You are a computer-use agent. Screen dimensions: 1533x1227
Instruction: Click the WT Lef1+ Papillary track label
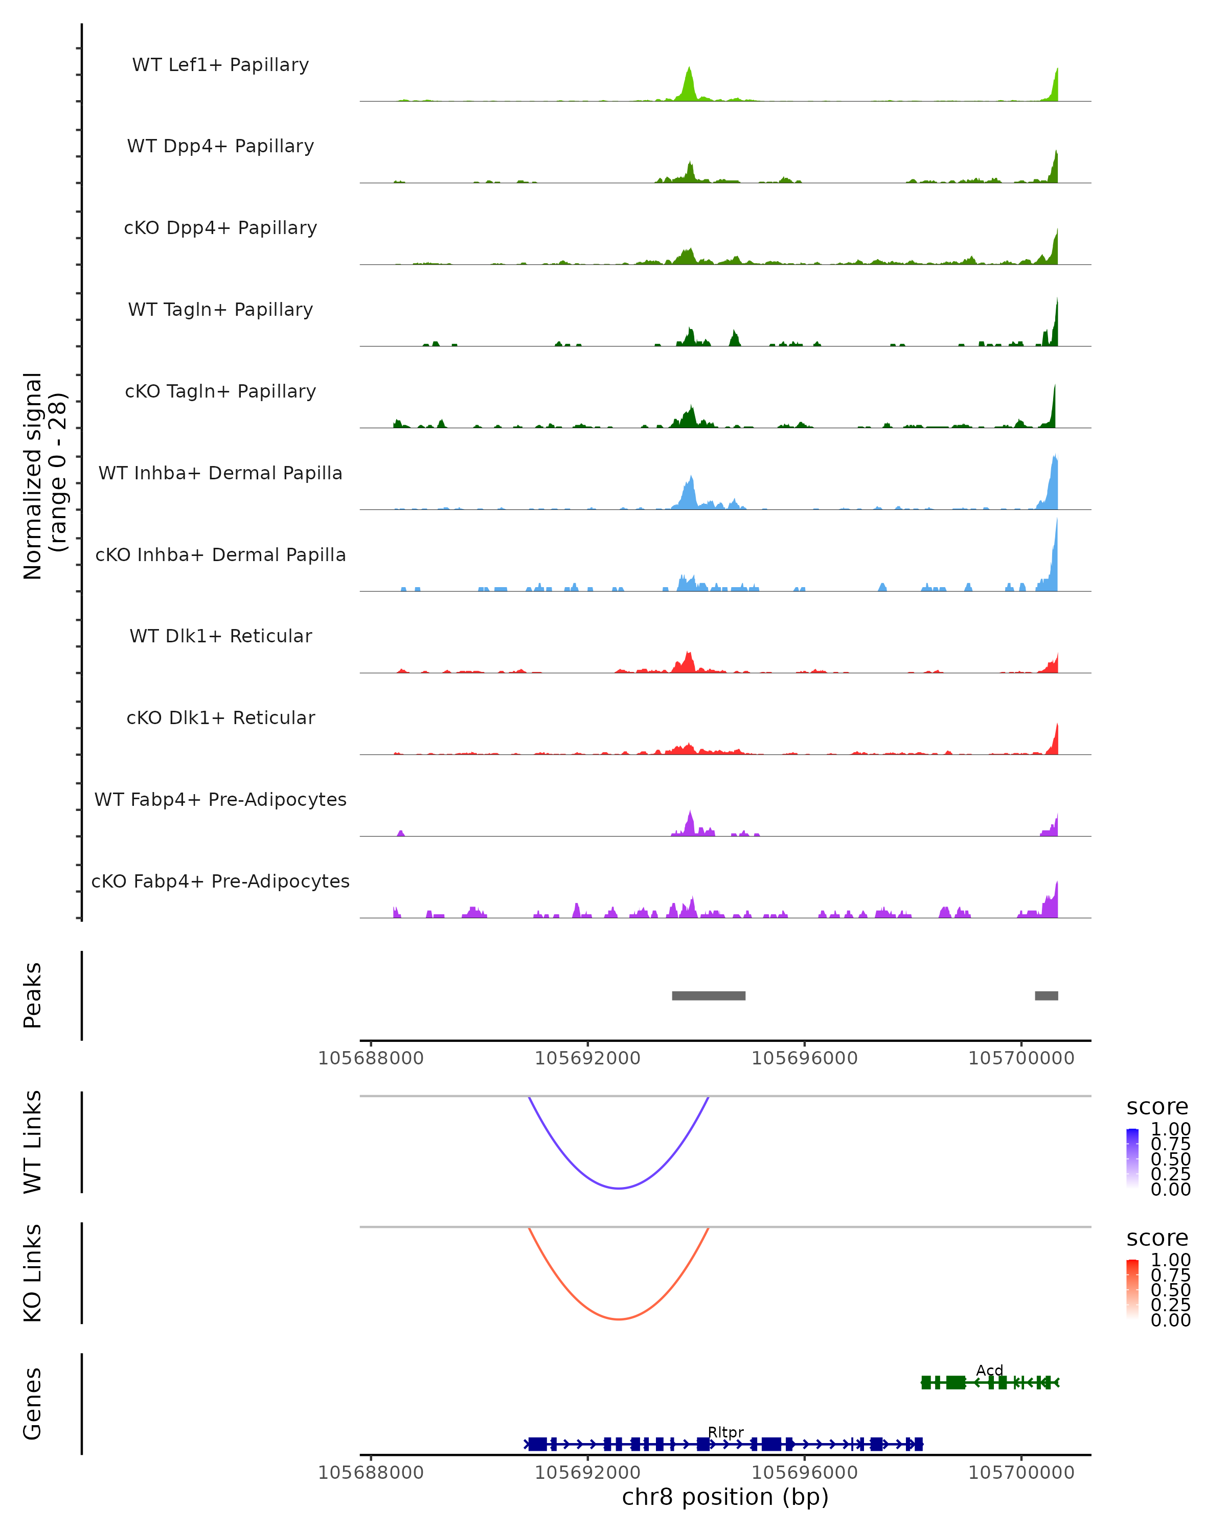pyautogui.click(x=220, y=65)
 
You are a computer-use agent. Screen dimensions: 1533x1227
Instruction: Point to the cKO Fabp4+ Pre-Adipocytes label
pyautogui.click(x=220, y=881)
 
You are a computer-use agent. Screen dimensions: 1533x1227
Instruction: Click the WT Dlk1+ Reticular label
pyautogui.click(x=220, y=636)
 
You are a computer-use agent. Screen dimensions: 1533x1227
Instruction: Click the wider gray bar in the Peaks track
pyautogui.click(x=709, y=995)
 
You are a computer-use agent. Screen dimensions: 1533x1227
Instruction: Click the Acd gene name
pyautogui.click(x=989, y=1370)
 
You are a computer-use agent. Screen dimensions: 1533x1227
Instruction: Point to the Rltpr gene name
pyautogui.click(x=725, y=1432)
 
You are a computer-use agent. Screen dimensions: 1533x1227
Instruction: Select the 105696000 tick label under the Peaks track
pyautogui.click(x=805, y=1058)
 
